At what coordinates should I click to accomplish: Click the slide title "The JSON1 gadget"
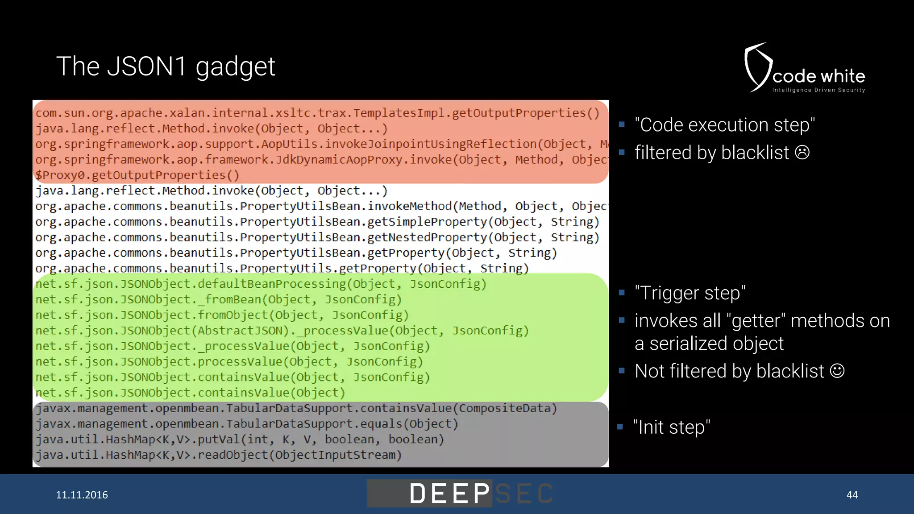166,67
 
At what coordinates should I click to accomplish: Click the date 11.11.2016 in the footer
82,495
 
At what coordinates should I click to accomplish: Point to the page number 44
852,495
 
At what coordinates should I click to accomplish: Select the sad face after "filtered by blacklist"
802,153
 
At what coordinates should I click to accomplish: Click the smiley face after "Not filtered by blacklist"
837,371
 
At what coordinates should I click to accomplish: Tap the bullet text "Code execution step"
725,125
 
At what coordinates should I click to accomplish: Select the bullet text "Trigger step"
690,293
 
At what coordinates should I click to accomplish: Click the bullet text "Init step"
672,427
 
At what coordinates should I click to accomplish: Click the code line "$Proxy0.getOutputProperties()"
137,175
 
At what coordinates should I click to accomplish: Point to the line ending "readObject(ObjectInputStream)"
219,455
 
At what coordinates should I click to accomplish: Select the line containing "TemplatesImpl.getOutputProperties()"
317,113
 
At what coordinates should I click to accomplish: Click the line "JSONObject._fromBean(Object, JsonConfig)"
219,300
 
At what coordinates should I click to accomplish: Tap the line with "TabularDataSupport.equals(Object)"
247,424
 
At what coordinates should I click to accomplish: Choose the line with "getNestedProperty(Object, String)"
317,237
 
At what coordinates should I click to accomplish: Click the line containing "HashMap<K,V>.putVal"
240,439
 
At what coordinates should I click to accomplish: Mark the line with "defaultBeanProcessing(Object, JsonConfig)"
261,284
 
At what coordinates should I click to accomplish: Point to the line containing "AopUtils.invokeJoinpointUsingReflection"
321,144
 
